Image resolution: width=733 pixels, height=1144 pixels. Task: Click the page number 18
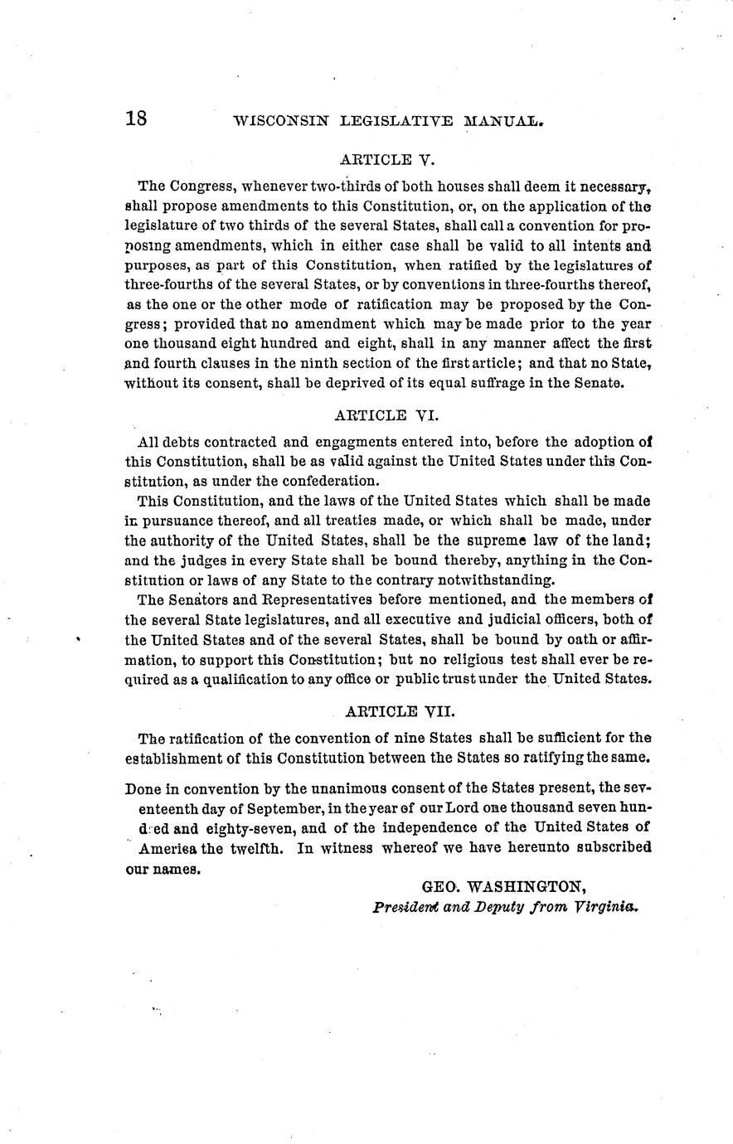click(136, 119)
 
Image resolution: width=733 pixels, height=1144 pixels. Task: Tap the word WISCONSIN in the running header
click(282, 121)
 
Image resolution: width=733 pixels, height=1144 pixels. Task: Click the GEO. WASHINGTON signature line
click(504, 887)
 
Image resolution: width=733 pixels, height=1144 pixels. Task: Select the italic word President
click(400, 906)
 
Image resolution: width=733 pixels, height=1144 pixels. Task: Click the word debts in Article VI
click(180, 442)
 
